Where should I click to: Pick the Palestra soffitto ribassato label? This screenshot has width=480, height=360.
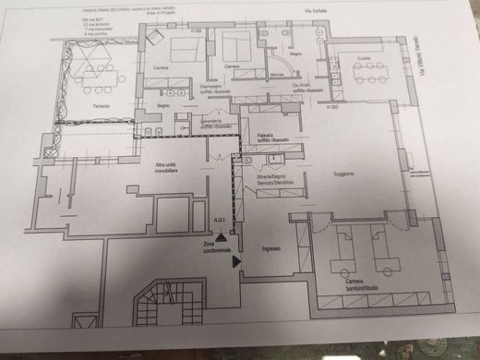pyautogui.click(x=273, y=138)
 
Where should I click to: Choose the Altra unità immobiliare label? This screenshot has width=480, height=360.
pyautogui.click(x=167, y=170)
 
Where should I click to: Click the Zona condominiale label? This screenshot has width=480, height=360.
pyautogui.click(x=217, y=244)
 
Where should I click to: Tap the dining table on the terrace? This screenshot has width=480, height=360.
pyautogui.click(x=94, y=72)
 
